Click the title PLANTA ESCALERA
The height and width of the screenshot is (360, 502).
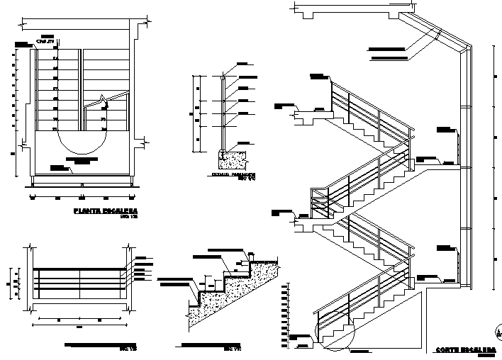coord(106,210)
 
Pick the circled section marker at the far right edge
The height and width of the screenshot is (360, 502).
coord(498,327)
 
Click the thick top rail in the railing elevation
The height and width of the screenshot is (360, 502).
coord(79,269)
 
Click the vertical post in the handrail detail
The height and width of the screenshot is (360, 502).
coord(224,113)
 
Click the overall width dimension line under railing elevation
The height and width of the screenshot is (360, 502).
coord(79,320)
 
